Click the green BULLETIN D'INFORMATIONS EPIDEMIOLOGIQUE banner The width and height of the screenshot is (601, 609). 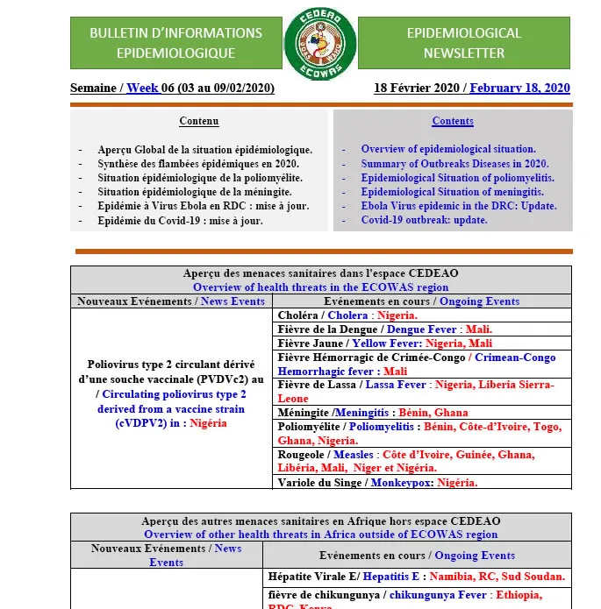(175, 43)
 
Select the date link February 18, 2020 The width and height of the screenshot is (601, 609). (519, 88)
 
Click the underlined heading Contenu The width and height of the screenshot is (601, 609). (199, 121)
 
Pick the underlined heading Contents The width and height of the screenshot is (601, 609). (453, 121)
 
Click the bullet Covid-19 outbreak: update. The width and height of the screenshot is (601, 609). (424, 220)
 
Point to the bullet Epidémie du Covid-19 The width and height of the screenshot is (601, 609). (180, 221)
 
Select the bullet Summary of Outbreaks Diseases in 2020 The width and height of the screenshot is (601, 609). (454, 164)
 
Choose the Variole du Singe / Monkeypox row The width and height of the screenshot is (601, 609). (377, 483)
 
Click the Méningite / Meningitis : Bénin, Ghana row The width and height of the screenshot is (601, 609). (372, 413)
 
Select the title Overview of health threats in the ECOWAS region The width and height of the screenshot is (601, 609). (320, 287)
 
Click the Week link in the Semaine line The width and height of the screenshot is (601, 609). (142, 88)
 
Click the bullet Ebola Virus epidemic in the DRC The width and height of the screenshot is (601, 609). (458, 206)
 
